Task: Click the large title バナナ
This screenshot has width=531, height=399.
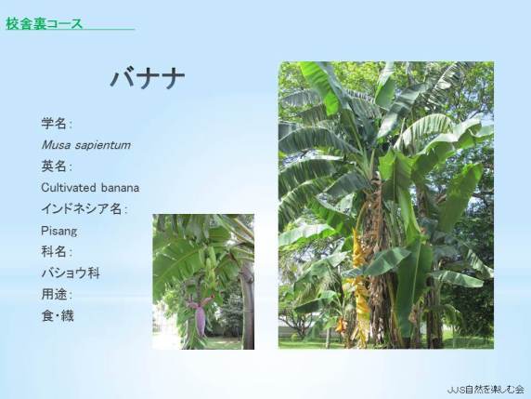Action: [x=148, y=79]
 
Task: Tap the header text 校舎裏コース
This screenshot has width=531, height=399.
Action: [x=44, y=24]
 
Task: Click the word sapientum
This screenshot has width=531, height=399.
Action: [x=103, y=145]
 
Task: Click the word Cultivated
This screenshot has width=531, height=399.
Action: [x=69, y=188]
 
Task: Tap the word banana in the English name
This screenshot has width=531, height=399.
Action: [x=120, y=188]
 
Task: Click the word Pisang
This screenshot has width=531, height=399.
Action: [x=58, y=232]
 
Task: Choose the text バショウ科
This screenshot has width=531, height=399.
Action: [x=71, y=273]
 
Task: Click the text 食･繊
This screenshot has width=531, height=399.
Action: [x=58, y=316]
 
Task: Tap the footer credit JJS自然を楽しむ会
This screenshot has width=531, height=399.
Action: [x=486, y=390]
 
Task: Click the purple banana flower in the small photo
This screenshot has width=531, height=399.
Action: [x=201, y=317]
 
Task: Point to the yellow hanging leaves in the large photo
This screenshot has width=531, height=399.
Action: [x=358, y=285]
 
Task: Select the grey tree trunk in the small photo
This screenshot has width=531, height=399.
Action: [x=247, y=305]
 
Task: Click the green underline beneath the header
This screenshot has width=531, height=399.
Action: [x=71, y=29]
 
